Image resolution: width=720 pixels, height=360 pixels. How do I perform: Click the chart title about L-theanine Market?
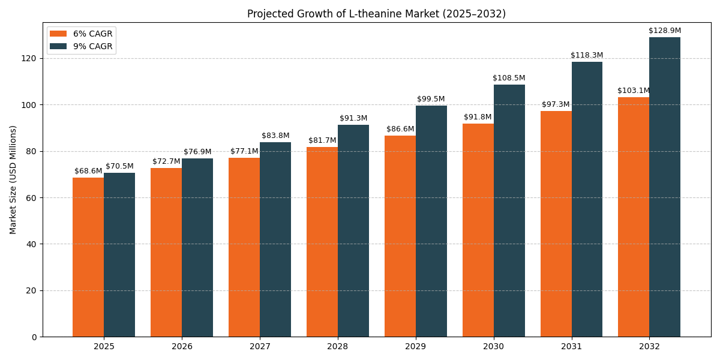[x=376, y=14]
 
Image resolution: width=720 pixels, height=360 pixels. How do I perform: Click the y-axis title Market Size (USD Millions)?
[x=13, y=179]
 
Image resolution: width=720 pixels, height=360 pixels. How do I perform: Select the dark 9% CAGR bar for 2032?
[x=665, y=187]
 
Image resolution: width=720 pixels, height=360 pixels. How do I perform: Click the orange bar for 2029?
[x=400, y=236]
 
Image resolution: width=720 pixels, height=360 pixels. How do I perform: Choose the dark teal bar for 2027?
[x=275, y=239]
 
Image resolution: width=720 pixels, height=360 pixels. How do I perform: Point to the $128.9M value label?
[x=665, y=31]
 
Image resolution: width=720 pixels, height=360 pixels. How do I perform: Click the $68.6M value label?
[x=88, y=171]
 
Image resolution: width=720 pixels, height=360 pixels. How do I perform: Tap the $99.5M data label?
[x=431, y=99]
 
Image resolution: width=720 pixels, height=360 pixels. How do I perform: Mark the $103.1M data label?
[x=634, y=91]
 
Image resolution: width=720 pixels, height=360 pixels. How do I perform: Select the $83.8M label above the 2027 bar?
[x=275, y=136]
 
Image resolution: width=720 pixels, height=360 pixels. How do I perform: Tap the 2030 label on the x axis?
[x=493, y=347]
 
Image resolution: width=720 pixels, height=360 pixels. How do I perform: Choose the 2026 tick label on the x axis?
[x=182, y=347]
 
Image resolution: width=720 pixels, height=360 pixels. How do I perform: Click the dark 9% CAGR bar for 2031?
[x=587, y=199]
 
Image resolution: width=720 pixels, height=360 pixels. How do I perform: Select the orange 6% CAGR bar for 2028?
[x=322, y=242]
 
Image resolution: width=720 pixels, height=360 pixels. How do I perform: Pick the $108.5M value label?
[x=509, y=78]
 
